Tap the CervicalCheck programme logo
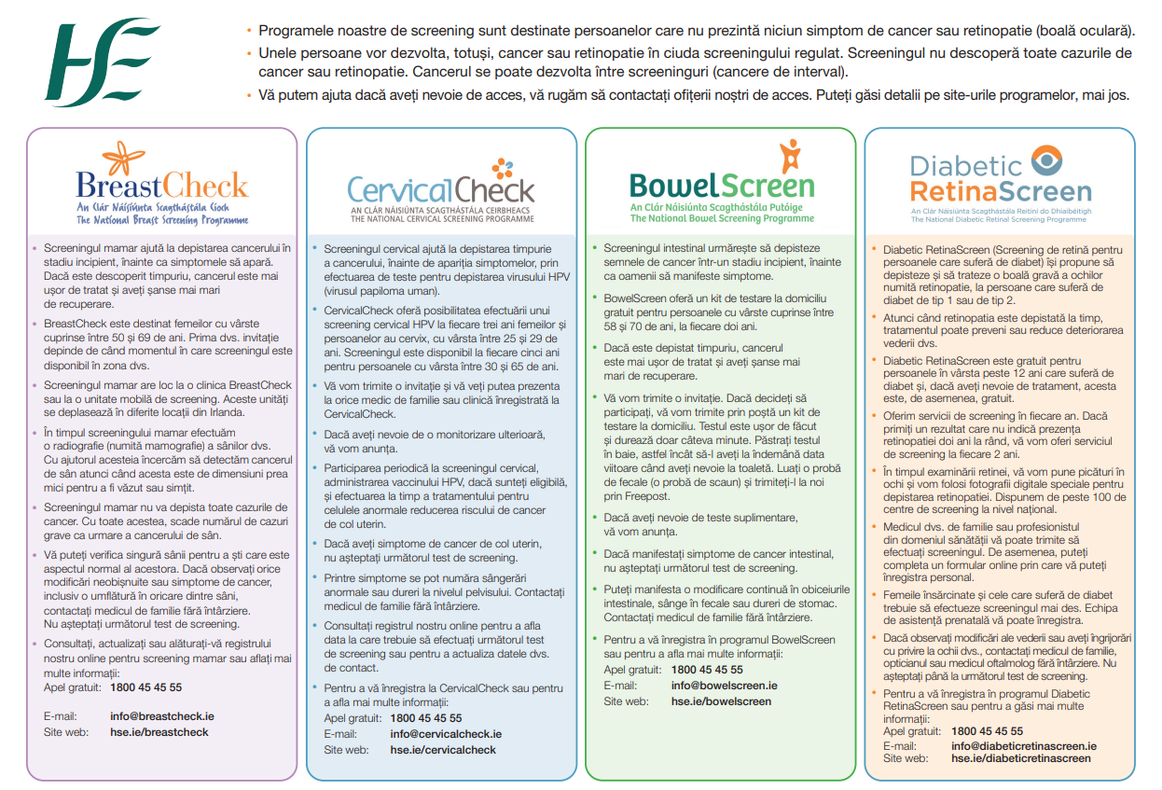pos(440,190)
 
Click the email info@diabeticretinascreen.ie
pos(1023,746)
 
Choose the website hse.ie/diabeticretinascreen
pos(1020,759)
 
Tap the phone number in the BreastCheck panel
pos(146,687)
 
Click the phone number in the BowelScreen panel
pos(707,670)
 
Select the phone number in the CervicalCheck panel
pos(426,718)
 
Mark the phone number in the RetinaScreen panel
pos(988,732)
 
